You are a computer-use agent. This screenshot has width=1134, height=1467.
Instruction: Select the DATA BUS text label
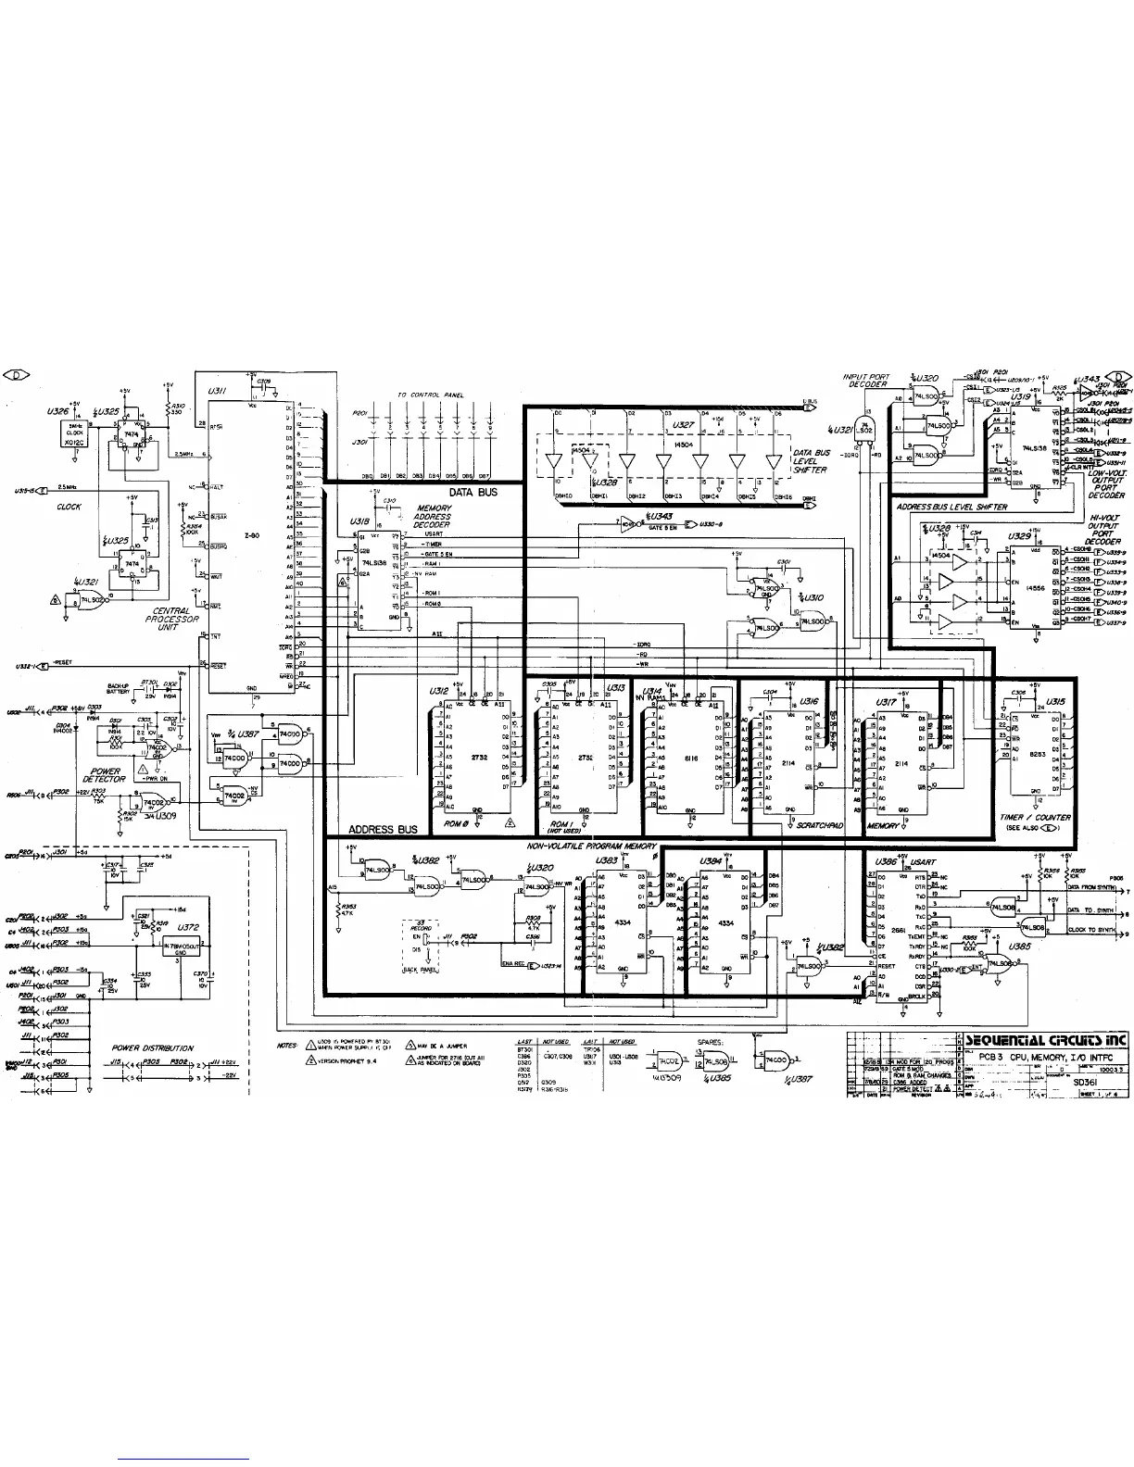pyautogui.click(x=473, y=493)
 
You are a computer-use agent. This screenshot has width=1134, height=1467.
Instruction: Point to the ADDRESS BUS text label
pyautogui.click(x=382, y=830)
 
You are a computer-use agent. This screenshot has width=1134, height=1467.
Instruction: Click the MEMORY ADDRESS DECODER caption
pyautogui.click(x=433, y=517)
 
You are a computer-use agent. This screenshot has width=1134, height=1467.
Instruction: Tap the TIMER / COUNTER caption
pyautogui.click(x=1037, y=818)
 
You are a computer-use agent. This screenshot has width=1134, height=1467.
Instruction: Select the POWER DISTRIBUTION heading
pyautogui.click(x=153, y=1048)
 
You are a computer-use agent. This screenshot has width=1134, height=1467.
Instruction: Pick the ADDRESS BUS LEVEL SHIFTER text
pyautogui.click(x=951, y=508)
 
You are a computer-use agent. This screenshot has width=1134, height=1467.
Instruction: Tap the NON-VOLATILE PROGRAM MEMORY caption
pyautogui.click(x=592, y=846)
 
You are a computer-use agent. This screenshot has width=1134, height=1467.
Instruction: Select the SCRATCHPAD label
pyautogui.click(x=819, y=824)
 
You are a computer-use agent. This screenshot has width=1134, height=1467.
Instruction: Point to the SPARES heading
pyautogui.click(x=711, y=1042)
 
